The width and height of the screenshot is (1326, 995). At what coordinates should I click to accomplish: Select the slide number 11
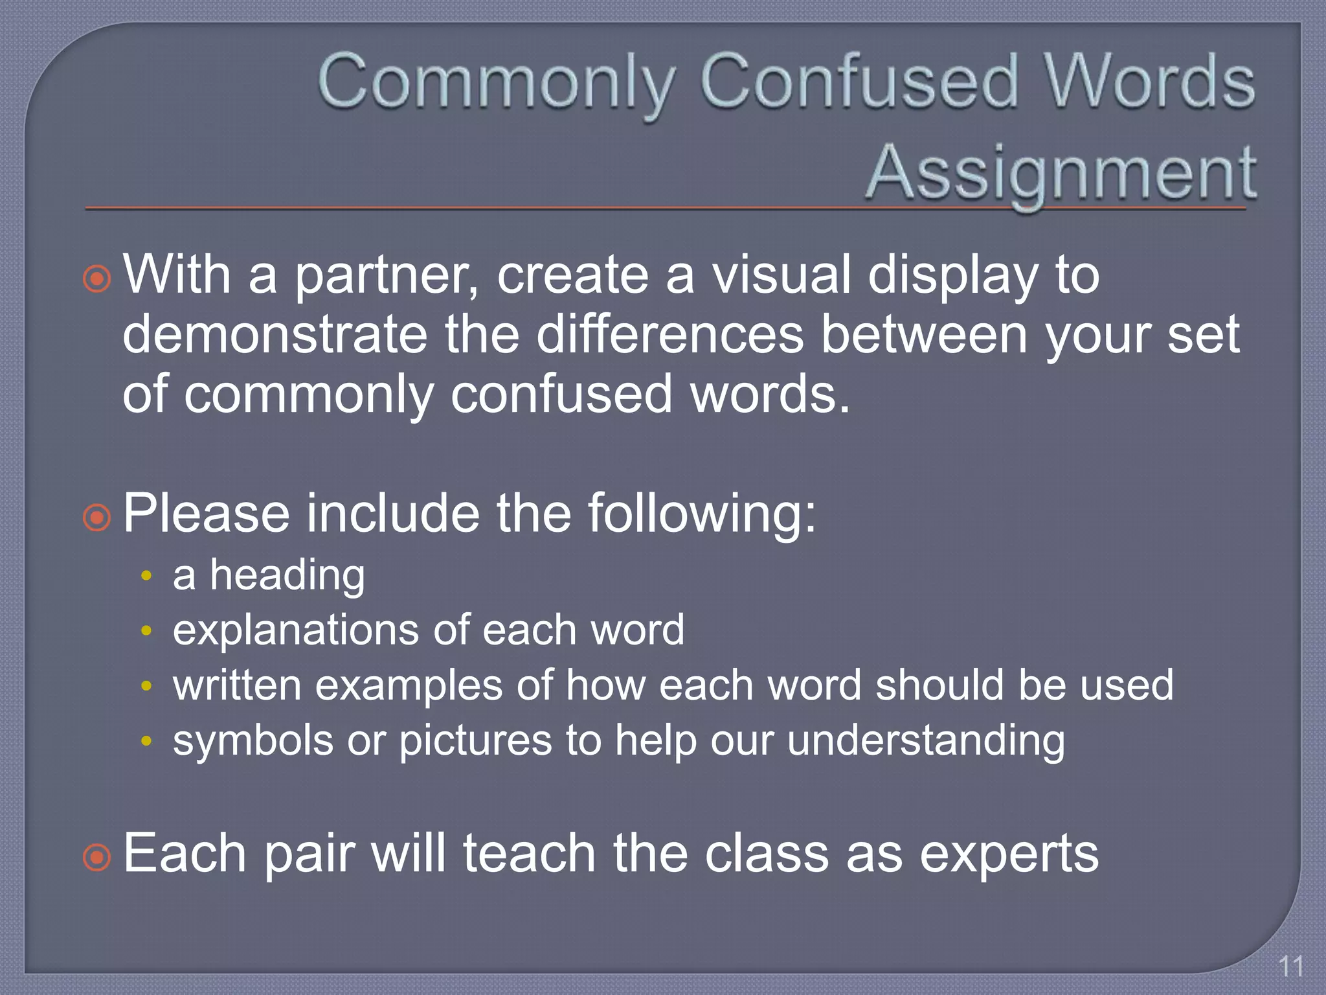1291,966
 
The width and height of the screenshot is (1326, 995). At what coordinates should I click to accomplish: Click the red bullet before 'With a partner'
97,279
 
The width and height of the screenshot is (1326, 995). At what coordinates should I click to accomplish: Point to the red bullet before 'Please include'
97,518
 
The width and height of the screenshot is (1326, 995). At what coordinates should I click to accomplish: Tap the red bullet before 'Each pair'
97,858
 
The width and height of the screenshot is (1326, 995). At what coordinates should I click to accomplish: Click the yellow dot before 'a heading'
147,576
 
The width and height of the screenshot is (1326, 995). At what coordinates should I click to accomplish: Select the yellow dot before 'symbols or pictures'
147,740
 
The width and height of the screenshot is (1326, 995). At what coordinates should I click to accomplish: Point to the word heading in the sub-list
287,575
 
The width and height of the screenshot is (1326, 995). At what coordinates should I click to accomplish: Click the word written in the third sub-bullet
237,685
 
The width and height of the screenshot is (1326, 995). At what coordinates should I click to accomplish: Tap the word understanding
926,740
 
